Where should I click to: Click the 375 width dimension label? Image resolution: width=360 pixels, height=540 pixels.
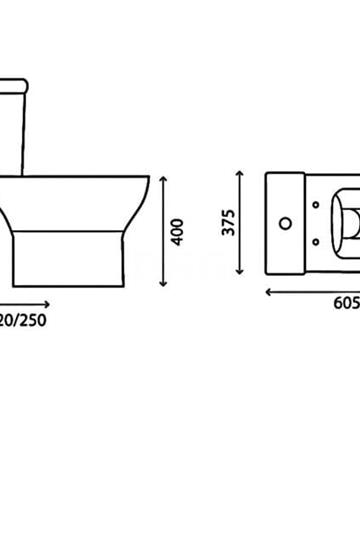point(228,222)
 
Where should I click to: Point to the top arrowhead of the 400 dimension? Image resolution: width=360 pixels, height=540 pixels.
point(165,175)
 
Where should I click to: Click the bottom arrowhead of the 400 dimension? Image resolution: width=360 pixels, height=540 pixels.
point(165,286)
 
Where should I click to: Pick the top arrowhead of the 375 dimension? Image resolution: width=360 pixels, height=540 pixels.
point(240,173)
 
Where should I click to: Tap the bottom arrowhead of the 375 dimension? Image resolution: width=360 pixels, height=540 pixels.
point(240,271)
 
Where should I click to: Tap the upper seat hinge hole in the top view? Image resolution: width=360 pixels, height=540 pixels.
point(316,203)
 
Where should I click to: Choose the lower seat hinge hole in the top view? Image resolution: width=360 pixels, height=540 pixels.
point(316,240)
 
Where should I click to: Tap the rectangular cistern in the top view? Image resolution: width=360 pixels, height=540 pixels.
point(285,222)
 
